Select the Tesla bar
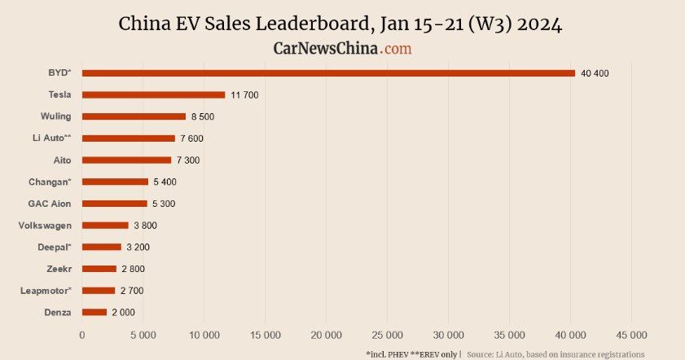[x=153, y=95]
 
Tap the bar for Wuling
[x=134, y=116]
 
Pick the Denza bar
[x=94, y=312]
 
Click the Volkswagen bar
[x=105, y=226]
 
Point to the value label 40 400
[x=595, y=73]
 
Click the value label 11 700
[x=244, y=95]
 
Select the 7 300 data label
[x=188, y=160]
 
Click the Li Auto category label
[x=51, y=138]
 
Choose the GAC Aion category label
[x=50, y=204]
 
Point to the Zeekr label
[x=59, y=269]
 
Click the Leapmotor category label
[x=46, y=291]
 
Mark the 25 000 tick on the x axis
[x=387, y=335]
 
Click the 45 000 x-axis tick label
[x=631, y=335]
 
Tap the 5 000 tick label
[x=143, y=335]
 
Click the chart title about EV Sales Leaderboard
[x=341, y=24]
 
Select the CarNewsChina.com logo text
[x=342, y=49]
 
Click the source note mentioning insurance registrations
[x=556, y=354]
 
